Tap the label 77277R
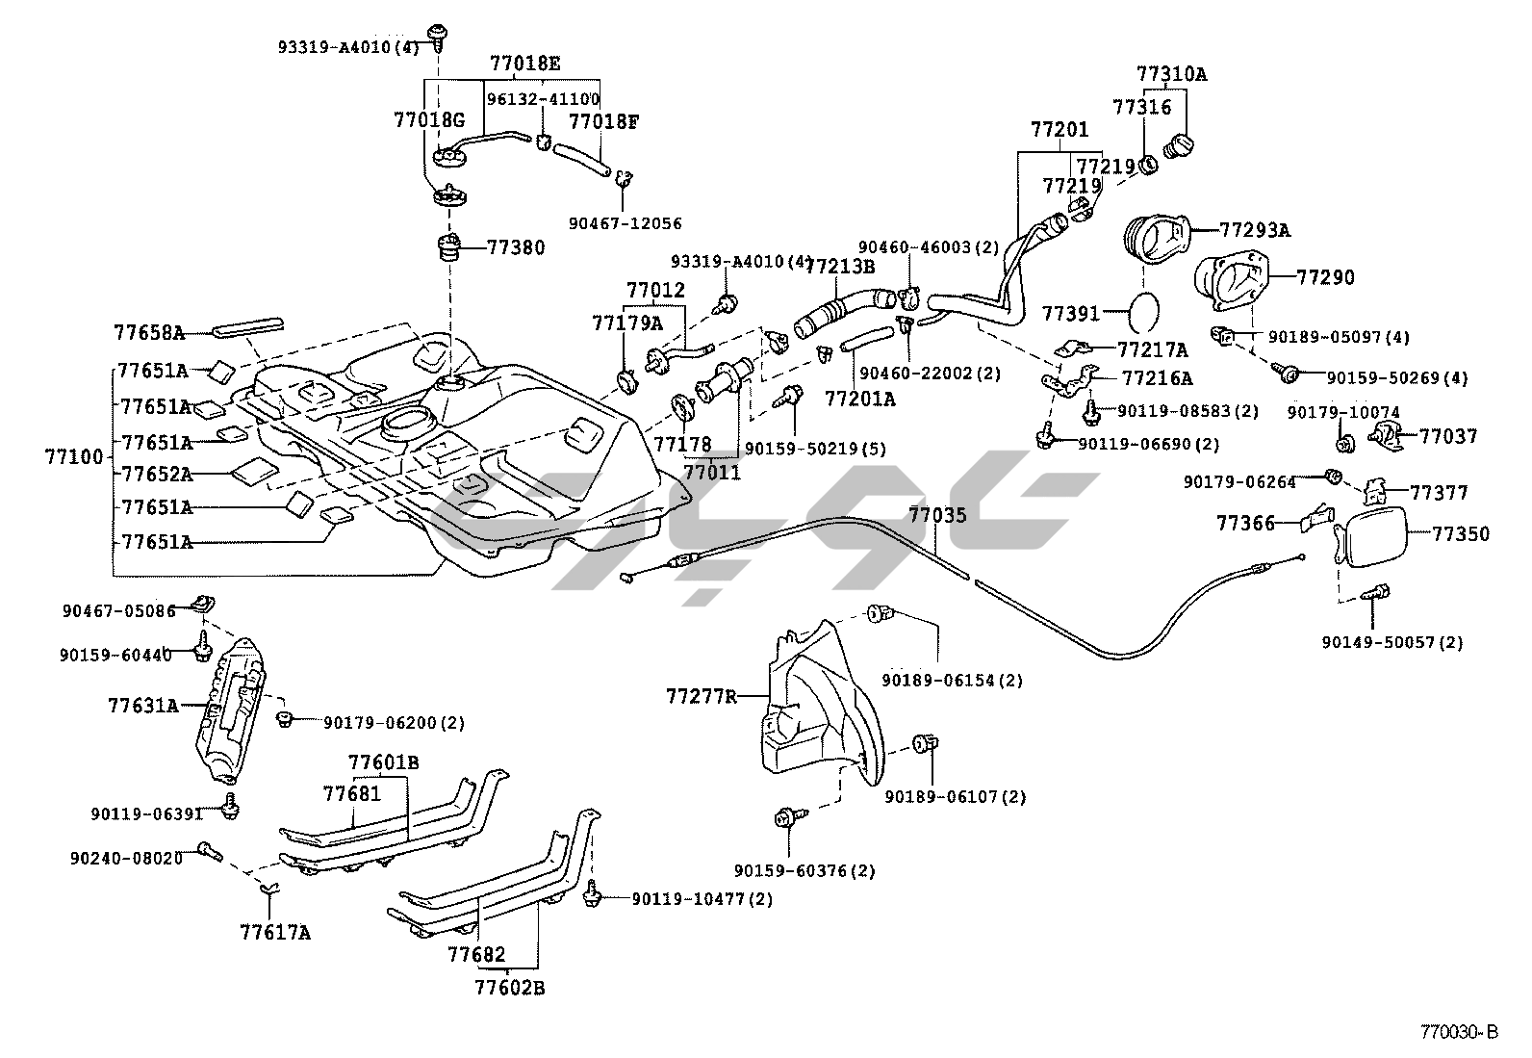tap(702, 695)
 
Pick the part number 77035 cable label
tap(937, 515)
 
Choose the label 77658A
tap(148, 333)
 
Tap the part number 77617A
tap(275, 931)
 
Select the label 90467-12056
tap(625, 223)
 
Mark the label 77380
tap(516, 247)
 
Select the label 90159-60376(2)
tap(804, 870)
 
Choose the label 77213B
tap(839, 267)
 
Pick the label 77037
tap(1447, 436)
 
